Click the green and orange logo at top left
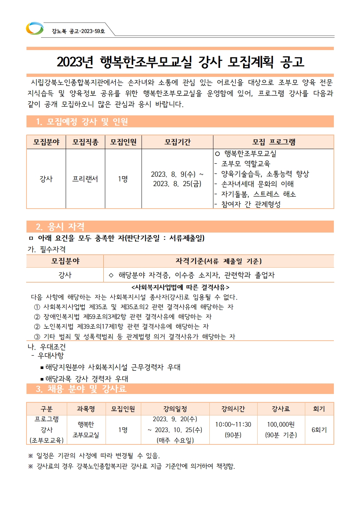pos(34,29)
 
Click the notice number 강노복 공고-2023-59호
pos(78,31)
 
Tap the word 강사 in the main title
pos(210,62)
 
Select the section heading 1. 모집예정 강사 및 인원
pos(82,122)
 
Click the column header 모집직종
pos(85,142)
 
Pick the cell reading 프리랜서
pos(85,179)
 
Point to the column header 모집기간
pos(177,142)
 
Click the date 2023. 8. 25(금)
pos(177,184)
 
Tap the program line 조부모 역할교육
pos(246,164)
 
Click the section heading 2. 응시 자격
pos(60,227)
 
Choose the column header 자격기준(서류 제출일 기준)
pos(218,261)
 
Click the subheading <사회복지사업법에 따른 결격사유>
pos(180,287)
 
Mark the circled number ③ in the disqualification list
pos(37,337)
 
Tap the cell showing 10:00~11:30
pos(233,424)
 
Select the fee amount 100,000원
pos(281,424)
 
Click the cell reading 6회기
pos(319,430)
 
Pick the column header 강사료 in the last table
pos(281,409)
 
